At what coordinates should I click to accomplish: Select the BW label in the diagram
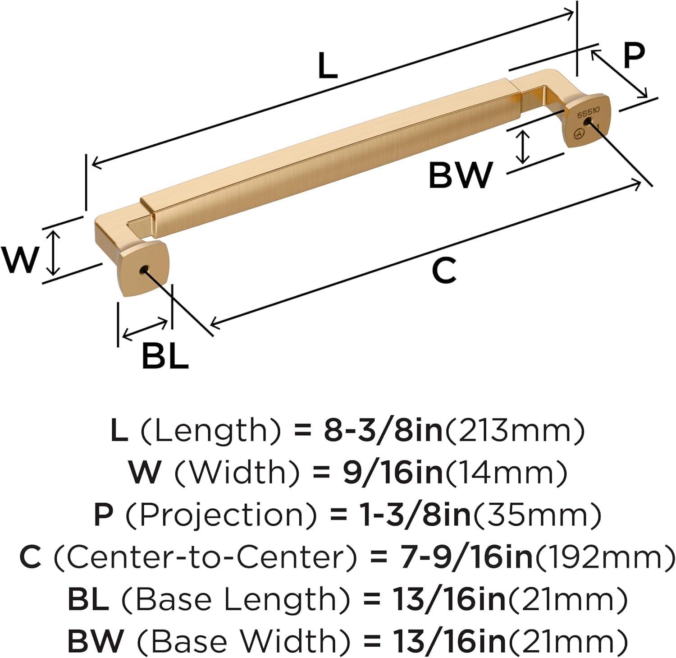pyautogui.click(x=460, y=176)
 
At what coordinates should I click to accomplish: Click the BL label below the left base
pyautogui.click(x=164, y=356)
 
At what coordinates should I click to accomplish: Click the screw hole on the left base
pyautogui.click(x=144, y=270)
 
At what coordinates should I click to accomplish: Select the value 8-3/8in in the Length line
pyautogui.click(x=383, y=431)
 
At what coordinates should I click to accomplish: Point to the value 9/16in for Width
pyautogui.click(x=393, y=472)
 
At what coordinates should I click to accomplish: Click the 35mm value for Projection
pyautogui.click(x=536, y=515)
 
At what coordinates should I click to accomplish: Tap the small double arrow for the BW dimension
pyautogui.click(x=522, y=147)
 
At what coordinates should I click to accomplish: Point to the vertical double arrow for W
pyautogui.click(x=54, y=253)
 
